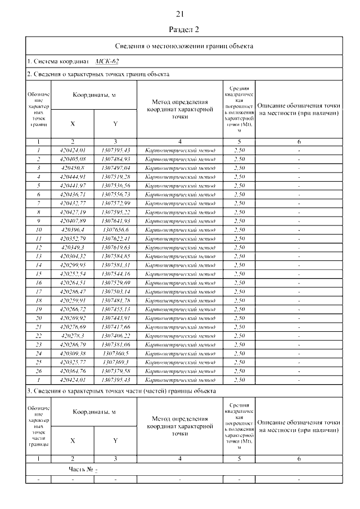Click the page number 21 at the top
point(180,14)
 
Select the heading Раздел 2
point(180,29)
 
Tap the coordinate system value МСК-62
point(107,61)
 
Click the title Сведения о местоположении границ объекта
point(180,46)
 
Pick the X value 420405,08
point(72,159)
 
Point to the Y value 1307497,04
point(115,168)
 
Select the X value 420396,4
point(72,229)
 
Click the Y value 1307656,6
point(115,229)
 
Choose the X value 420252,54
point(72,274)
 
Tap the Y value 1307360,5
point(115,353)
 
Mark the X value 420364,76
point(72,371)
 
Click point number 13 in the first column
point(38,256)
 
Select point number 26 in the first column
point(38,371)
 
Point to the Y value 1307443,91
point(115,318)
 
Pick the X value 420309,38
point(72,353)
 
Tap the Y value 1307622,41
point(115,238)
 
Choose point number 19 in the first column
point(38,309)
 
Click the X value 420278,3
point(72,336)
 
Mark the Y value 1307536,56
point(115,186)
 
